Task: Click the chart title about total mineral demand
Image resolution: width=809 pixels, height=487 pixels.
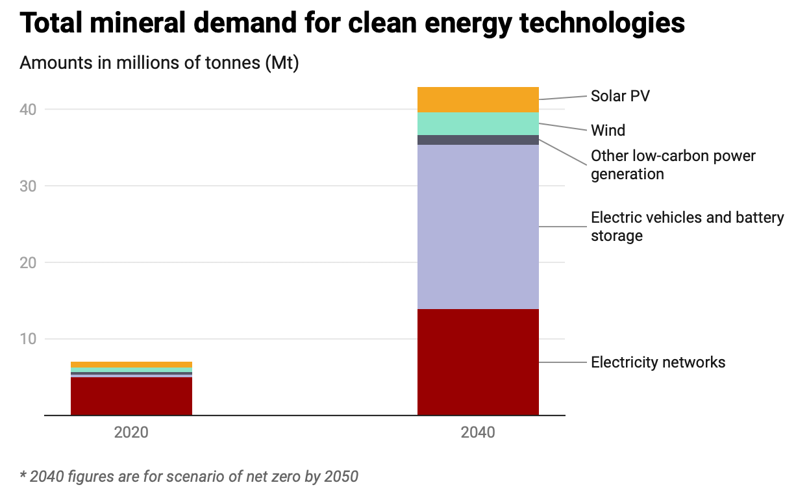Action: click(x=352, y=23)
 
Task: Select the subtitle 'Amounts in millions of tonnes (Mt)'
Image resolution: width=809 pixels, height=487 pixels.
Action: click(x=159, y=64)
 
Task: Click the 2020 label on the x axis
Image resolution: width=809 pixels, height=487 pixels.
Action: click(x=131, y=432)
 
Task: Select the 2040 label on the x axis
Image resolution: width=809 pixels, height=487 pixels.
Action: click(x=478, y=432)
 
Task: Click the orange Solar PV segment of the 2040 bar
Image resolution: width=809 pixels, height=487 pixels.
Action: click(x=478, y=100)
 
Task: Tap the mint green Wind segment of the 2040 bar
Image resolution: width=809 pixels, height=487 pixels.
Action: click(x=478, y=124)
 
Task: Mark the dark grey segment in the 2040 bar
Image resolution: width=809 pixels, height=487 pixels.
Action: click(x=478, y=140)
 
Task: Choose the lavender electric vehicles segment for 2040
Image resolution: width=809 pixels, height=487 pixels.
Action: click(x=478, y=227)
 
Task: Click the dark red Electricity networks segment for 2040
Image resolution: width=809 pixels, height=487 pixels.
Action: click(x=478, y=362)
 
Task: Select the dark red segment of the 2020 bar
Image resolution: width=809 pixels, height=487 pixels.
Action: click(x=131, y=396)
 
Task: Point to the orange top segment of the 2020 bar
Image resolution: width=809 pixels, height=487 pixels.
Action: click(x=131, y=364)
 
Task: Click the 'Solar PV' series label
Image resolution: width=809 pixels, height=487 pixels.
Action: click(x=620, y=96)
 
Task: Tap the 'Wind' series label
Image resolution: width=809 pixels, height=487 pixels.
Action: click(x=608, y=131)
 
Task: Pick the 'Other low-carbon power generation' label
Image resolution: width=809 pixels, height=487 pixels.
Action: click(x=673, y=165)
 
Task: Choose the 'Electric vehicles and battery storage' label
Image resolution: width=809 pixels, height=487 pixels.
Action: click(x=687, y=226)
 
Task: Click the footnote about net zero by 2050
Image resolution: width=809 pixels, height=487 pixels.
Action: click(x=189, y=476)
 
